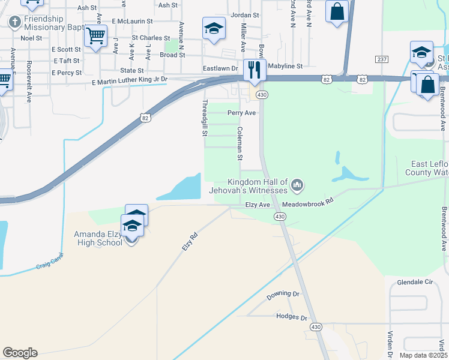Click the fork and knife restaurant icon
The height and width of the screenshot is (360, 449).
(x=255, y=70)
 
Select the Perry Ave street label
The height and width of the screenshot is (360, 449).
(x=242, y=112)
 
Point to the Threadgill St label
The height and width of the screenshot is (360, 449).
(x=204, y=118)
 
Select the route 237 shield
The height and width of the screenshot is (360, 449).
(x=381, y=59)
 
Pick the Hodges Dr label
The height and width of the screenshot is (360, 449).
(x=292, y=317)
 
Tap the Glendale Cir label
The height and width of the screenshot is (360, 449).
(x=415, y=281)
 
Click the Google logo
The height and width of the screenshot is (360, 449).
(x=20, y=353)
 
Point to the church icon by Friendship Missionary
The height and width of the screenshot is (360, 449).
(x=14, y=22)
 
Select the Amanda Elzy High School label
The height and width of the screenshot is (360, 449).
(x=98, y=238)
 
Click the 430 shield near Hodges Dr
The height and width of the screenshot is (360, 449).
(x=316, y=326)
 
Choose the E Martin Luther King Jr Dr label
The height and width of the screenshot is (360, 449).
(x=129, y=80)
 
